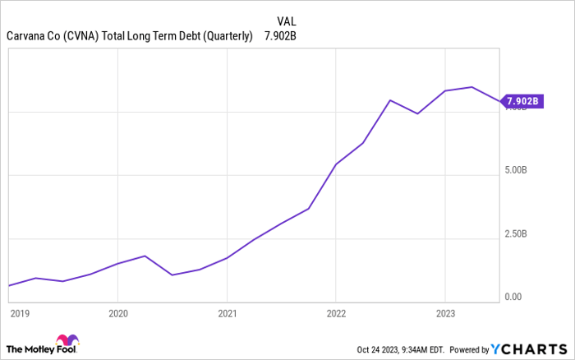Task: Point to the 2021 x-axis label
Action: pyautogui.click(x=227, y=313)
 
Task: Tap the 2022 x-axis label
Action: pyautogui.click(x=336, y=313)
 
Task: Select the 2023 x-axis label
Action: pyautogui.click(x=444, y=313)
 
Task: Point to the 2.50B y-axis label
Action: pyautogui.click(x=517, y=234)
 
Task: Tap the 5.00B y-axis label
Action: pyautogui.click(x=517, y=171)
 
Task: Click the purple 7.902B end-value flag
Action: pyautogui.click(x=522, y=102)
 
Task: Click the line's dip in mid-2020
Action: pyautogui.click(x=172, y=275)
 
